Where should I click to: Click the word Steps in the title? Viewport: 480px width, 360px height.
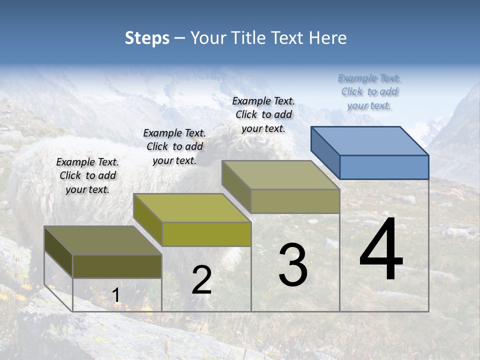(147, 38)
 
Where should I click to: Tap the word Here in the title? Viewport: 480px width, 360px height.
(327, 38)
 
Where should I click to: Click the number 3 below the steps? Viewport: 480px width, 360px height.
(293, 264)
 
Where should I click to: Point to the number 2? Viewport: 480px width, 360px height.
(201, 280)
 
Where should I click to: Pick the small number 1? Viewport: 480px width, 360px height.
(116, 295)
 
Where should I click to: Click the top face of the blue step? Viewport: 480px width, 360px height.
(370, 141)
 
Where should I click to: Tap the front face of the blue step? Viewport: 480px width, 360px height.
(384, 167)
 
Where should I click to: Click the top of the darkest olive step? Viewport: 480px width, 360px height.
(103, 240)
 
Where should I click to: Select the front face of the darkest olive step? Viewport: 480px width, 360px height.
(117, 266)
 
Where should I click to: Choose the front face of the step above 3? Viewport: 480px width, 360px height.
(295, 201)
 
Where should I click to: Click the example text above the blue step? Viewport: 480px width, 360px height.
(369, 92)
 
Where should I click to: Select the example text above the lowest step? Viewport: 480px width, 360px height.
(87, 176)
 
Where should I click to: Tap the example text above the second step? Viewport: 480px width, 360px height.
(174, 147)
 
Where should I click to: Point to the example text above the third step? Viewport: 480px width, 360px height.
(263, 114)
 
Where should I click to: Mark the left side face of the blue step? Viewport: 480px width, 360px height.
(325, 152)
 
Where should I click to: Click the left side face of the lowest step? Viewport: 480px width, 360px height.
(58, 251)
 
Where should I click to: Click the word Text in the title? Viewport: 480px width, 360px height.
(289, 38)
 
